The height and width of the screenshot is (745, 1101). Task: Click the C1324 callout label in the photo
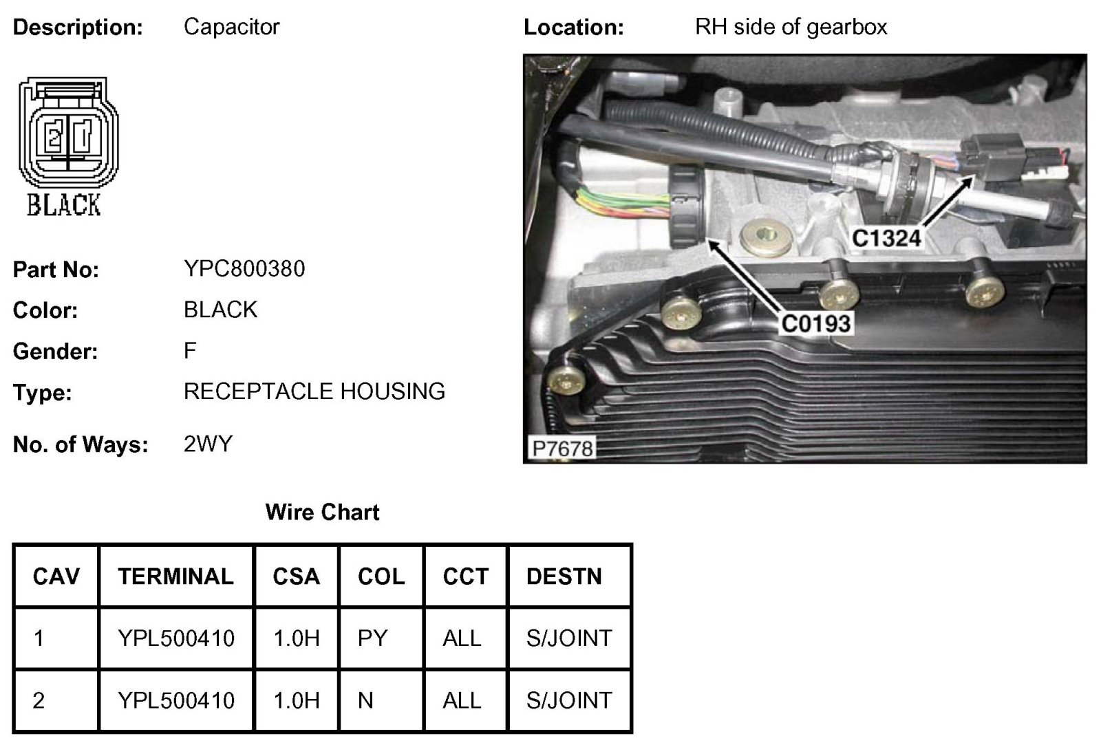(886, 238)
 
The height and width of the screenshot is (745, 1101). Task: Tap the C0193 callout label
(815, 323)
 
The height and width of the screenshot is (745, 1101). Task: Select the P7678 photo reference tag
(562, 448)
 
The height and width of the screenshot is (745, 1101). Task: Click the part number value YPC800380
(244, 268)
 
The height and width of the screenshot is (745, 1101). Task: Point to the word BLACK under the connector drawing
(64, 205)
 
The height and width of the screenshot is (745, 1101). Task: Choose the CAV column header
(56, 576)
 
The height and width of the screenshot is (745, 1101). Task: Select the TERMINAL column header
(175, 576)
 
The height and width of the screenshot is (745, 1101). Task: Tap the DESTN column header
(564, 576)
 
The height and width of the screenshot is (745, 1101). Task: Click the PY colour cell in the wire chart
(372, 638)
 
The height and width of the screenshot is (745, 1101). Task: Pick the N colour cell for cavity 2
(365, 700)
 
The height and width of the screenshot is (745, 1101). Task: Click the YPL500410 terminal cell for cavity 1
(176, 638)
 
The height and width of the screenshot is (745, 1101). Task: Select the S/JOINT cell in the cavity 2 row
(569, 700)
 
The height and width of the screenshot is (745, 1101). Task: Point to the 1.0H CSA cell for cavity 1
(297, 638)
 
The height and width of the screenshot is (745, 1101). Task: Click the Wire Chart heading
(322, 512)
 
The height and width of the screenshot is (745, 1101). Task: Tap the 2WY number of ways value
(208, 444)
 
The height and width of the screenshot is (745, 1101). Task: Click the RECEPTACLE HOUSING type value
(314, 391)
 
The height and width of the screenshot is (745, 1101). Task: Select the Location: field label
(573, 28)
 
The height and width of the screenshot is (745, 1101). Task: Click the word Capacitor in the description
(231, 27)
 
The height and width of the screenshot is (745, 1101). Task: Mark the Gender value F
(190, 350)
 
